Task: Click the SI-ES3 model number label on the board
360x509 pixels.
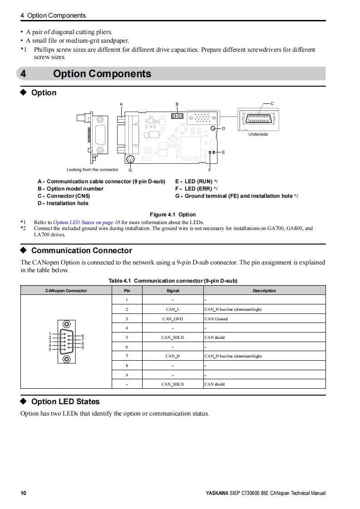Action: tap(177, 116)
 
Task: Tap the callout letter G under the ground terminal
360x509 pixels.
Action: tap(130, 170)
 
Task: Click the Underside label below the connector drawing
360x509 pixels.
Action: tap(258, 134)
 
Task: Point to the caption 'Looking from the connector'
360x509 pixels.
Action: tap(92, 170)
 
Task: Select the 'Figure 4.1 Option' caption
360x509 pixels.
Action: tap(173, 215)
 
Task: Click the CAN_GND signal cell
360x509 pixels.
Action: tap(173, 319)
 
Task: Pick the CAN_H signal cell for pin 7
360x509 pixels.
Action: tap(173, 356)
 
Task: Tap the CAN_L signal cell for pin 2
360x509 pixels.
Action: tap(173, 309)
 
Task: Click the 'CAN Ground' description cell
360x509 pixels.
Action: tap(216, 319)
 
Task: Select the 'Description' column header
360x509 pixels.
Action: tap(264, 291)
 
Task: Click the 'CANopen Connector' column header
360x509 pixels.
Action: tap(66, 291)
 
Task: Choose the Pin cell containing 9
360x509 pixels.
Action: tap(127, 375)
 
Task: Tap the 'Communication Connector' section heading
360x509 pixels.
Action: tap(81, 250)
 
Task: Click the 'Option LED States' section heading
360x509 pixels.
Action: tap(65, 401)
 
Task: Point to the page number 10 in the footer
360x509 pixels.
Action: tap(24, 493)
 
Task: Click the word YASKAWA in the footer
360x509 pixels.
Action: tap(217, 493)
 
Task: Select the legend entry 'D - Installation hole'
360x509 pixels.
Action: tap(63, 203)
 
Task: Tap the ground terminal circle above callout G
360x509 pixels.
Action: tap(130, 159)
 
